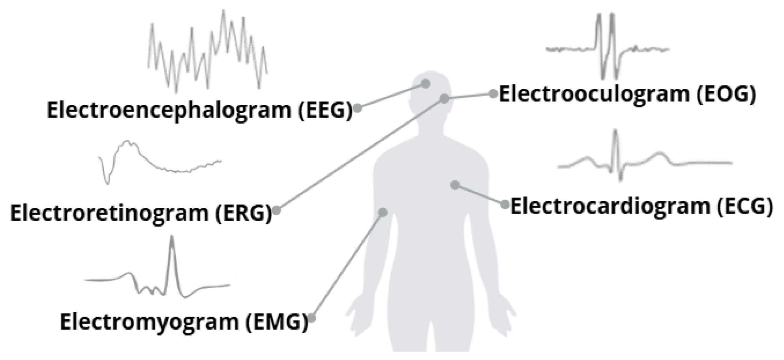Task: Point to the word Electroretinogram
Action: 109,214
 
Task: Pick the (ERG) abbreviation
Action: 244,214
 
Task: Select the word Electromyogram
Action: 149,322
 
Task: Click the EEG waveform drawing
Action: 208,51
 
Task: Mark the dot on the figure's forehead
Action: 425,84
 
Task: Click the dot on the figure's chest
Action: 455,184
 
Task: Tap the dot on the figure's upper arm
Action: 382,212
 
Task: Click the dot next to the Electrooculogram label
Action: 493,94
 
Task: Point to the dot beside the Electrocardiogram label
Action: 505,204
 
